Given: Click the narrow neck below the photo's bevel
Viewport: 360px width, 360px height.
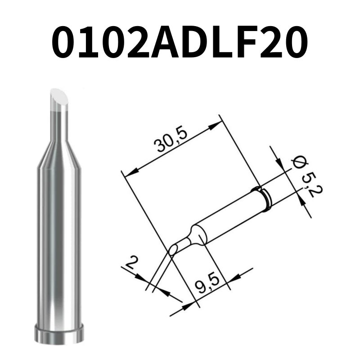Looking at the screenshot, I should coord(59,124).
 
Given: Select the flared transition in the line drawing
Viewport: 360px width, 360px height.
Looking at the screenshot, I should coord(197,235).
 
